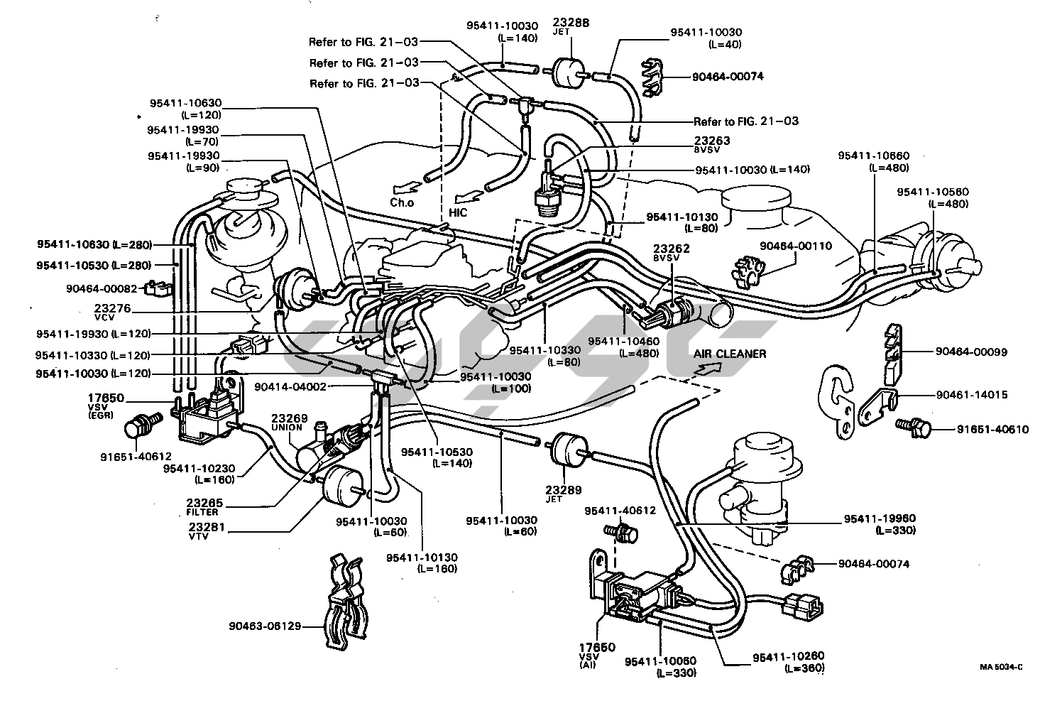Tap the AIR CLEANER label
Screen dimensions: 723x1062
730,354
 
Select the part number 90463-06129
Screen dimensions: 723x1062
265,626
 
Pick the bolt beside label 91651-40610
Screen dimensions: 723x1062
912,428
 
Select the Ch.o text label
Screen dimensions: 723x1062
401,202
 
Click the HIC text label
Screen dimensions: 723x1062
458,212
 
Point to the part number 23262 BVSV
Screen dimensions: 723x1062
671,249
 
